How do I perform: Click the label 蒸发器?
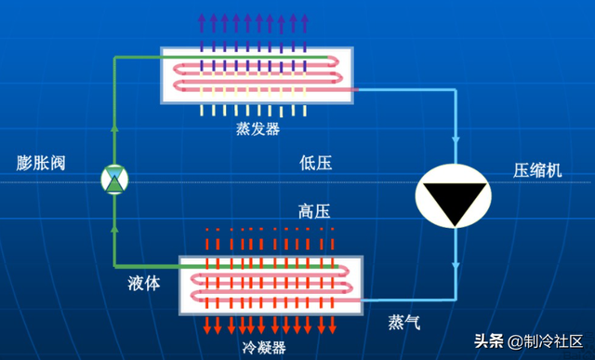(258, 129)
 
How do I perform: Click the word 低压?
(315, 164)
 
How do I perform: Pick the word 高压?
(315, 210)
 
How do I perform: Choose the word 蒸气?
(404, 322)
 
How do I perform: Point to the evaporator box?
(258, 74)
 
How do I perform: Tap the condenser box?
(271, 283)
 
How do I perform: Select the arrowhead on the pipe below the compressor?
(456, 268)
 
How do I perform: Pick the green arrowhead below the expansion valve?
(114, 222)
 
